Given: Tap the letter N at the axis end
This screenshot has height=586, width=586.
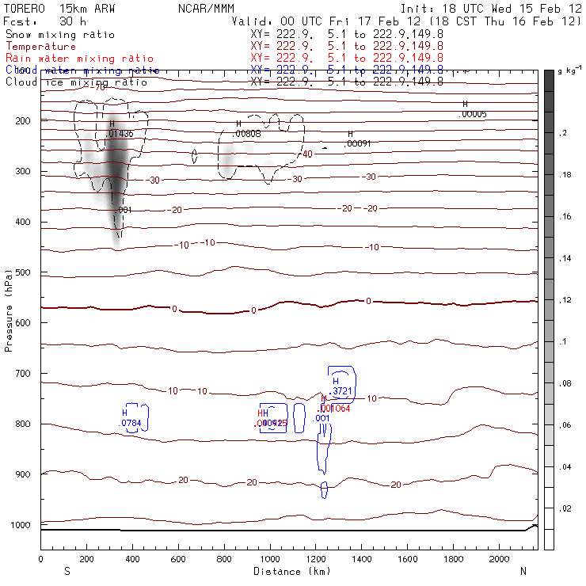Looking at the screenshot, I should (522, 570).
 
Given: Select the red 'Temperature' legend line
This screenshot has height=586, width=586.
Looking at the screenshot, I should (41, 47).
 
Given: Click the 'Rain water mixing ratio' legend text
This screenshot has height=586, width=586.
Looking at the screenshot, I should (70, 59).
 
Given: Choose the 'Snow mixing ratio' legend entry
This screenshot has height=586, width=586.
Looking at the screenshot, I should (60, 35).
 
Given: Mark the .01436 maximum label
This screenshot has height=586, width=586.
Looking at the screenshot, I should (120, 134).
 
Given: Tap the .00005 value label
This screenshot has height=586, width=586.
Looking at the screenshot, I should (473, 114).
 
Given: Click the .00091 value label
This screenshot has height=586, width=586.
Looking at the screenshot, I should (358, 143).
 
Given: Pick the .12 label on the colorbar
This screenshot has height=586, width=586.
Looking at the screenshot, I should (563, 299).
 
